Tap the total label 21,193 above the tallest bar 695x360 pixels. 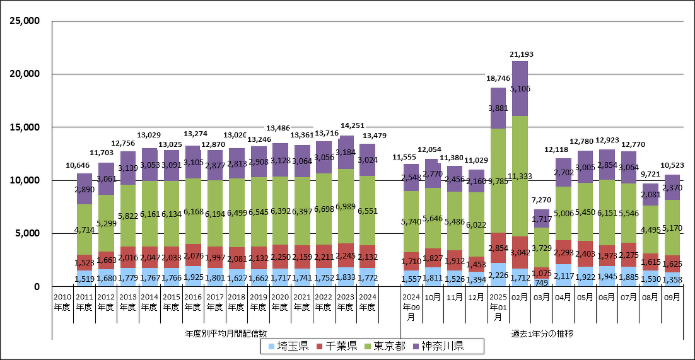click(x=520, y=55)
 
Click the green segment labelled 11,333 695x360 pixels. click(x=520, y=177)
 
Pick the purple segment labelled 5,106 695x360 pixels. click(x=520, y=88)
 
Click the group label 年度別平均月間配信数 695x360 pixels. click(x=226, y=332)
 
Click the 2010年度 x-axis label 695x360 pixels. click(x=62, y=302)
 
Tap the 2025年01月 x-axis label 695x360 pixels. click(x=498, y=306)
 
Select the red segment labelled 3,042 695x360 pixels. click(x=520, y=252)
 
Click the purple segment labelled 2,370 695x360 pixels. click(x=672, y=187)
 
